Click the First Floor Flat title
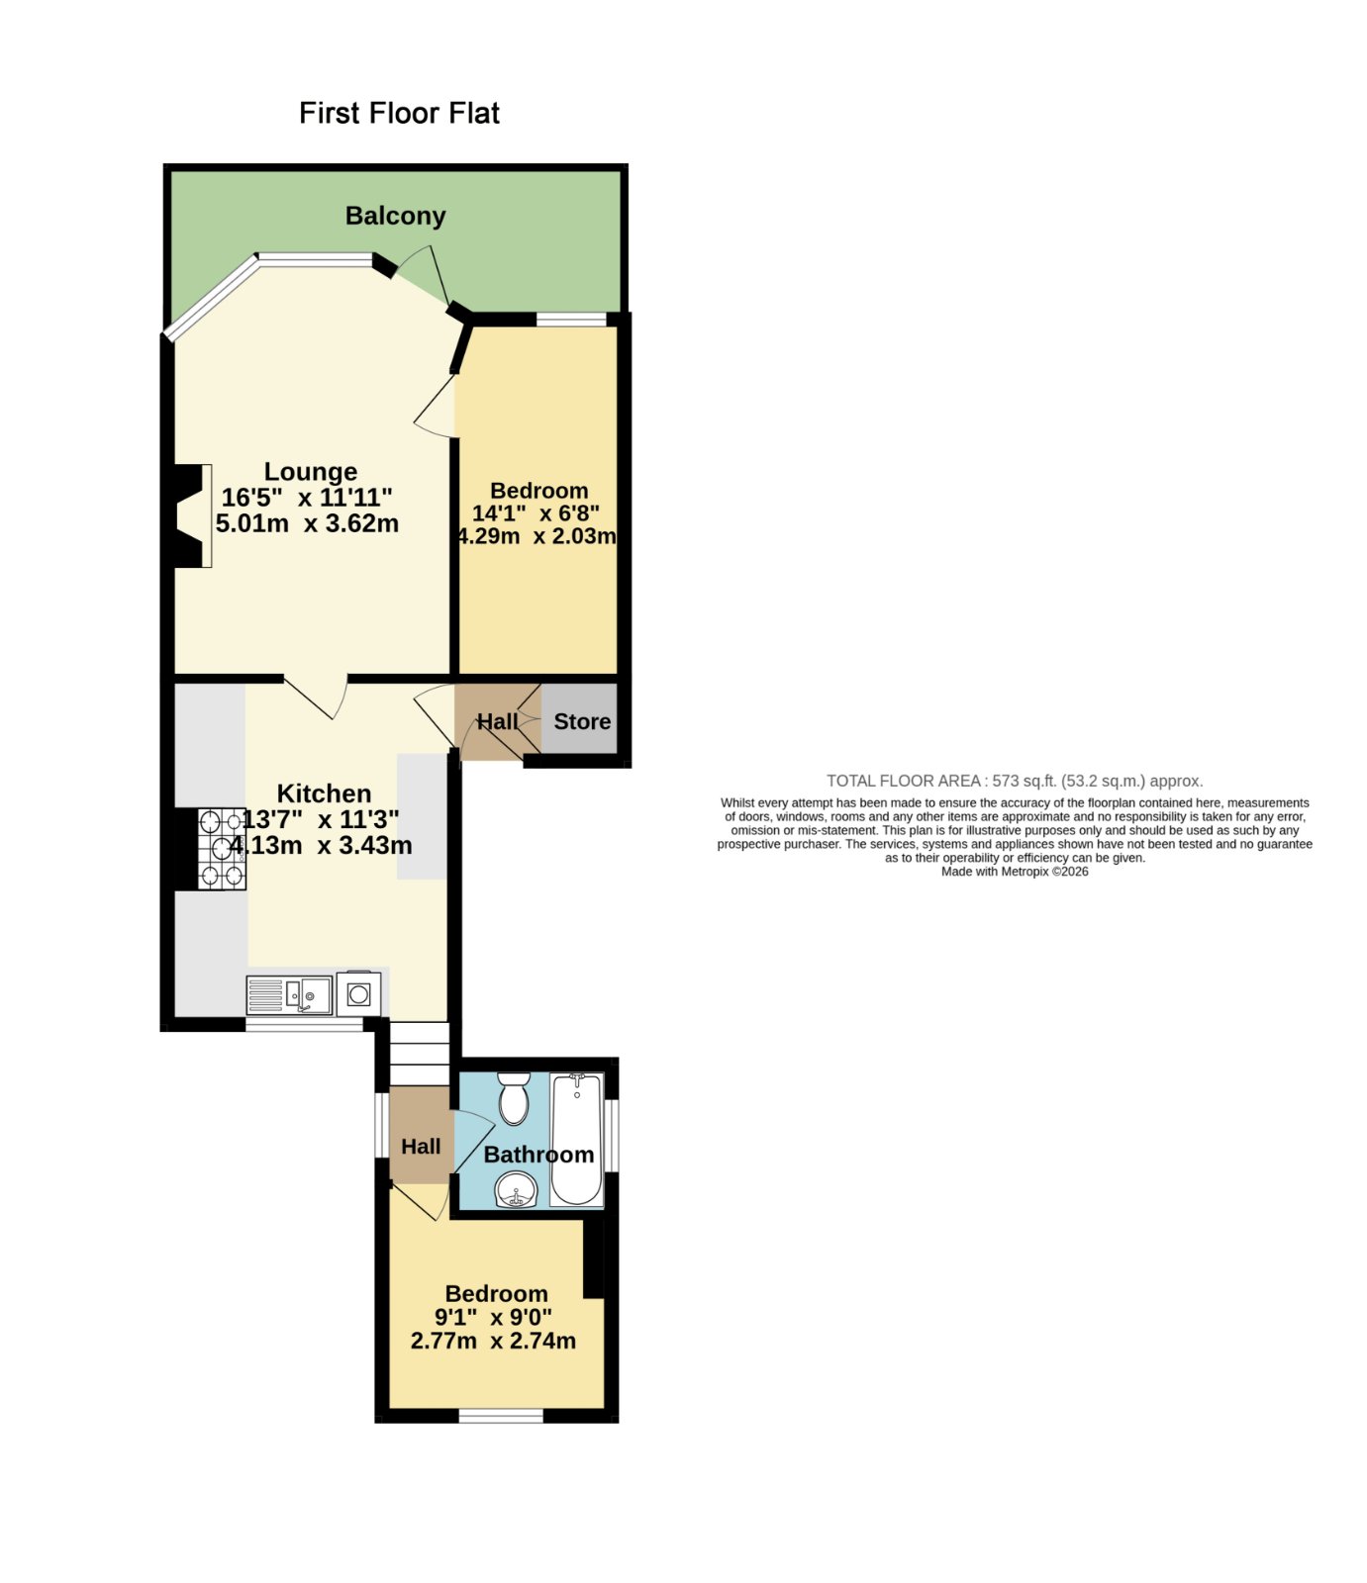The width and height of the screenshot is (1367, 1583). [x=399, y=113]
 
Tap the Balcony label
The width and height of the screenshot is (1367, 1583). [x=395, y=216]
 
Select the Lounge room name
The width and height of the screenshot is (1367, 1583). [x=311, y=472]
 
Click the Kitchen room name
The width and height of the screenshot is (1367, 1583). [x=324, y=793]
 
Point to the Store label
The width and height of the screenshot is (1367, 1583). [x=582, y=721]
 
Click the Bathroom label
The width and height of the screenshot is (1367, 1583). [x=538, y=1155]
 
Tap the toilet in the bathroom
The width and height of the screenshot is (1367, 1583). [x=513, y=1098]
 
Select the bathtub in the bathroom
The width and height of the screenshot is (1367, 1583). [x=576, y=1139]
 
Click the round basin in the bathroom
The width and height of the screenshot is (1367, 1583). [x=516, y=1189]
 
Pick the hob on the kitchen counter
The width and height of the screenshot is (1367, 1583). [x=222, y=849]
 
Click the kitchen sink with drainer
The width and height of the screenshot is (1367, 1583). [x=290, y=995]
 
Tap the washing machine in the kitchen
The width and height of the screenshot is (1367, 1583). [x=358, y=994]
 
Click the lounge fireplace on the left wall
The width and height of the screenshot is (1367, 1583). [x=191, y=515]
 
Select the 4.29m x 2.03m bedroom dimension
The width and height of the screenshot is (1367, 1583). [x=537, y=537]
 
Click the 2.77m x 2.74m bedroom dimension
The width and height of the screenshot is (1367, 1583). [x=493, y=1342]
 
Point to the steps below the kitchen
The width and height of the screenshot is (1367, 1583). [x=419, y=1054]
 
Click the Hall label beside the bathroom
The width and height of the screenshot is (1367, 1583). [x=421, y=1147]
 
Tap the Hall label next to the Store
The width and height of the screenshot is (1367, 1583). [x=497, y=722]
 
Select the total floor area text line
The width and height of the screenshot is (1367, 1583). [x=1015, y=781]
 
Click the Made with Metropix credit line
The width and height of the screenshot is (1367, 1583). [x=1015, y=872]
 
